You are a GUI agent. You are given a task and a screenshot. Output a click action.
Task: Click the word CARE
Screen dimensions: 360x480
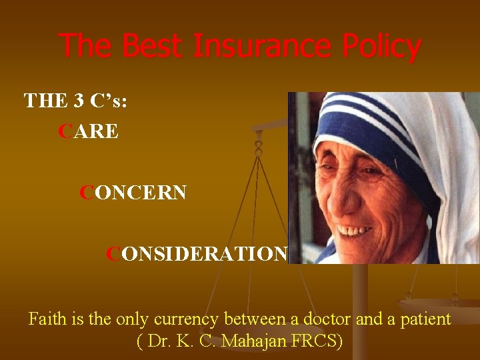[89, 131]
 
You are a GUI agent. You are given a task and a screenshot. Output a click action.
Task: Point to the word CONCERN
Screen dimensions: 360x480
[133, 193]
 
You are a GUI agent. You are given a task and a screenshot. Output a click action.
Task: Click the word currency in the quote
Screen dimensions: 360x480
[188, 319]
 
